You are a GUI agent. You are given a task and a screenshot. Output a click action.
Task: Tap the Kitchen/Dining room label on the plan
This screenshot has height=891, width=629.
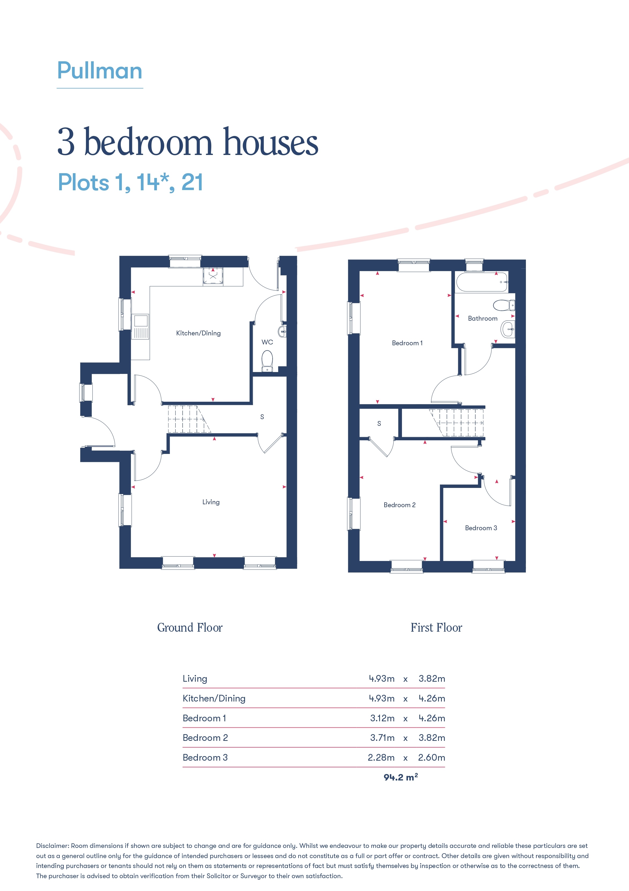[x=198, y=333]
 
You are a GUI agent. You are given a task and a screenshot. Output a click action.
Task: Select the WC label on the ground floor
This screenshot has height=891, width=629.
[x=267, y=342]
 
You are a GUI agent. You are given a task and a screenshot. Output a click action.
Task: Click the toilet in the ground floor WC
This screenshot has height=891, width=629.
[x=267, y=361]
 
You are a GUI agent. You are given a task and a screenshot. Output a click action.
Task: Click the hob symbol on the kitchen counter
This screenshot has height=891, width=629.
[x=213, y=276]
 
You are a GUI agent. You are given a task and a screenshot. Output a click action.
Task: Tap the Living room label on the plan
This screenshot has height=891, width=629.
[x=211, y=502]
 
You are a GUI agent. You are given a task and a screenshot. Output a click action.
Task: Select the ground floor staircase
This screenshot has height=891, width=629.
[x=189, y=419]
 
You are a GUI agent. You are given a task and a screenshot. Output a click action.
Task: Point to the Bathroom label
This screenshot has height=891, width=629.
[x=483, y=318]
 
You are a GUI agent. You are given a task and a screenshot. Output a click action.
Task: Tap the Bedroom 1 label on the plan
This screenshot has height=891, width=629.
[x=407, y=343]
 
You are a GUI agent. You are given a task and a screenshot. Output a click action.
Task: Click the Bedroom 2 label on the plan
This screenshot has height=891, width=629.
[x=400, y=505]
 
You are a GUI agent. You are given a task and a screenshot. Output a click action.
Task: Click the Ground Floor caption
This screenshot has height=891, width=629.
[x=190, y=628]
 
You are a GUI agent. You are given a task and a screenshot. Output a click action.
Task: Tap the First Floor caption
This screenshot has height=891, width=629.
[x=436, y=628]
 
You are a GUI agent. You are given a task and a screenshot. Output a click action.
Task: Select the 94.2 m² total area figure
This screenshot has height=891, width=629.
[x=401, y=777]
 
